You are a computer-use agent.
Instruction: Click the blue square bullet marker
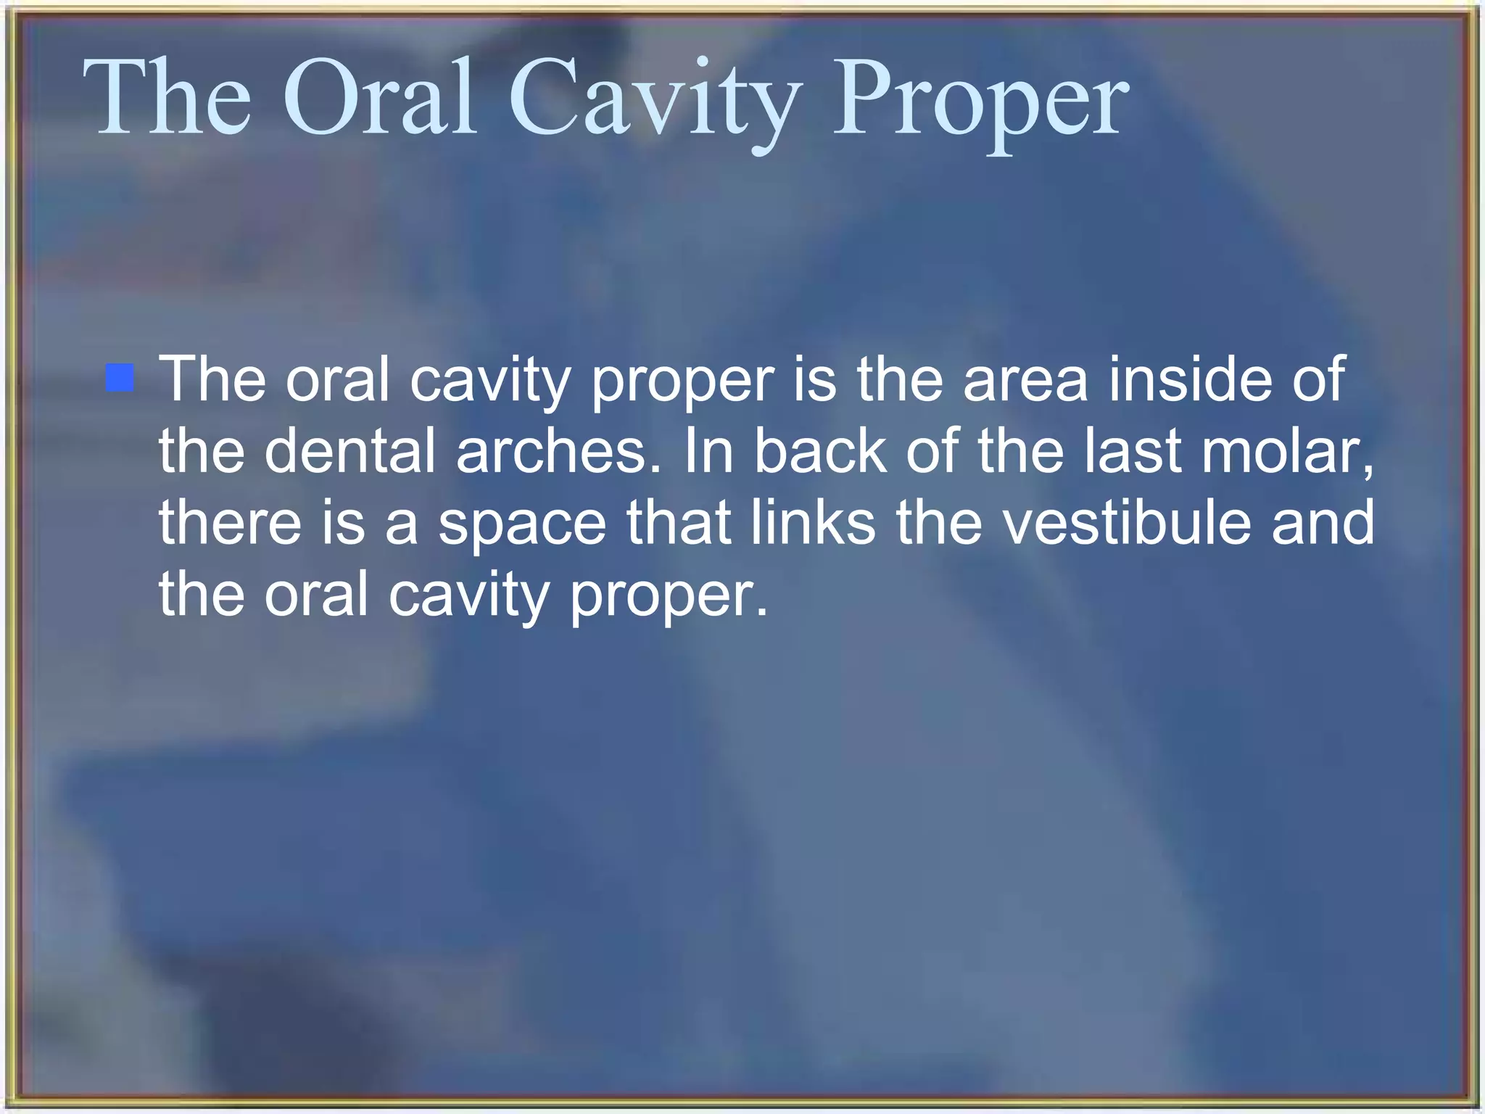(120, 378)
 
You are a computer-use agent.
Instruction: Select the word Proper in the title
(980, 102)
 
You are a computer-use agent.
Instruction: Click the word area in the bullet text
(1025, 380)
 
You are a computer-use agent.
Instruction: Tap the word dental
(350, 450)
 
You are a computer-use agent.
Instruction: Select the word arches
(559, 450)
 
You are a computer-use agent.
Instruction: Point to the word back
(821, 450)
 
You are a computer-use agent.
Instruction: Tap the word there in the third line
(230, 521)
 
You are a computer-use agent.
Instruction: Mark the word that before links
(679, 521)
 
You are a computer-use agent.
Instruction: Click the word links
(813, 521)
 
